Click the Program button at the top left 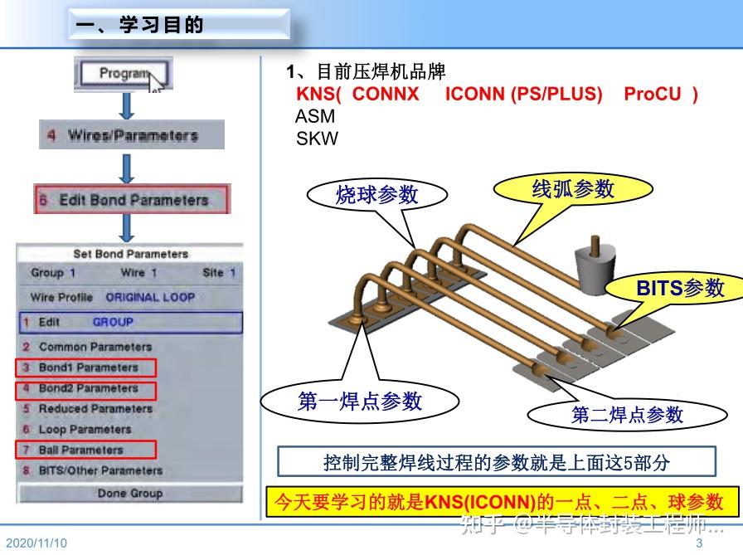point(124,74)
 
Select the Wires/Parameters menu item point(132,135)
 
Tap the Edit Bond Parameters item point(132,200)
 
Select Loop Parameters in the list point(85,430)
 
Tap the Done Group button point(129,494)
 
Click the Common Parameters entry point(95,347)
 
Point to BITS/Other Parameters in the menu point(100,471)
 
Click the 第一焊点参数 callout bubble point(359,402)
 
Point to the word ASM point(315,117)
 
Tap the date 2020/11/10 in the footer point(36,543)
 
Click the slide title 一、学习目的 point(139,26)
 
